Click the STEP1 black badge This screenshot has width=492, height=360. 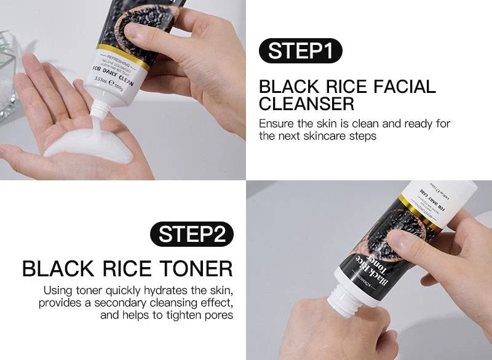point(300,50)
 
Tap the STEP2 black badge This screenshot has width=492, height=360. point(192,234)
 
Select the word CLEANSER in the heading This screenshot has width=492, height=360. point(306,103)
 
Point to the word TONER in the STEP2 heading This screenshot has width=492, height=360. point(197,268)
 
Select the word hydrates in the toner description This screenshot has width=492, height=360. point(170,289)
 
